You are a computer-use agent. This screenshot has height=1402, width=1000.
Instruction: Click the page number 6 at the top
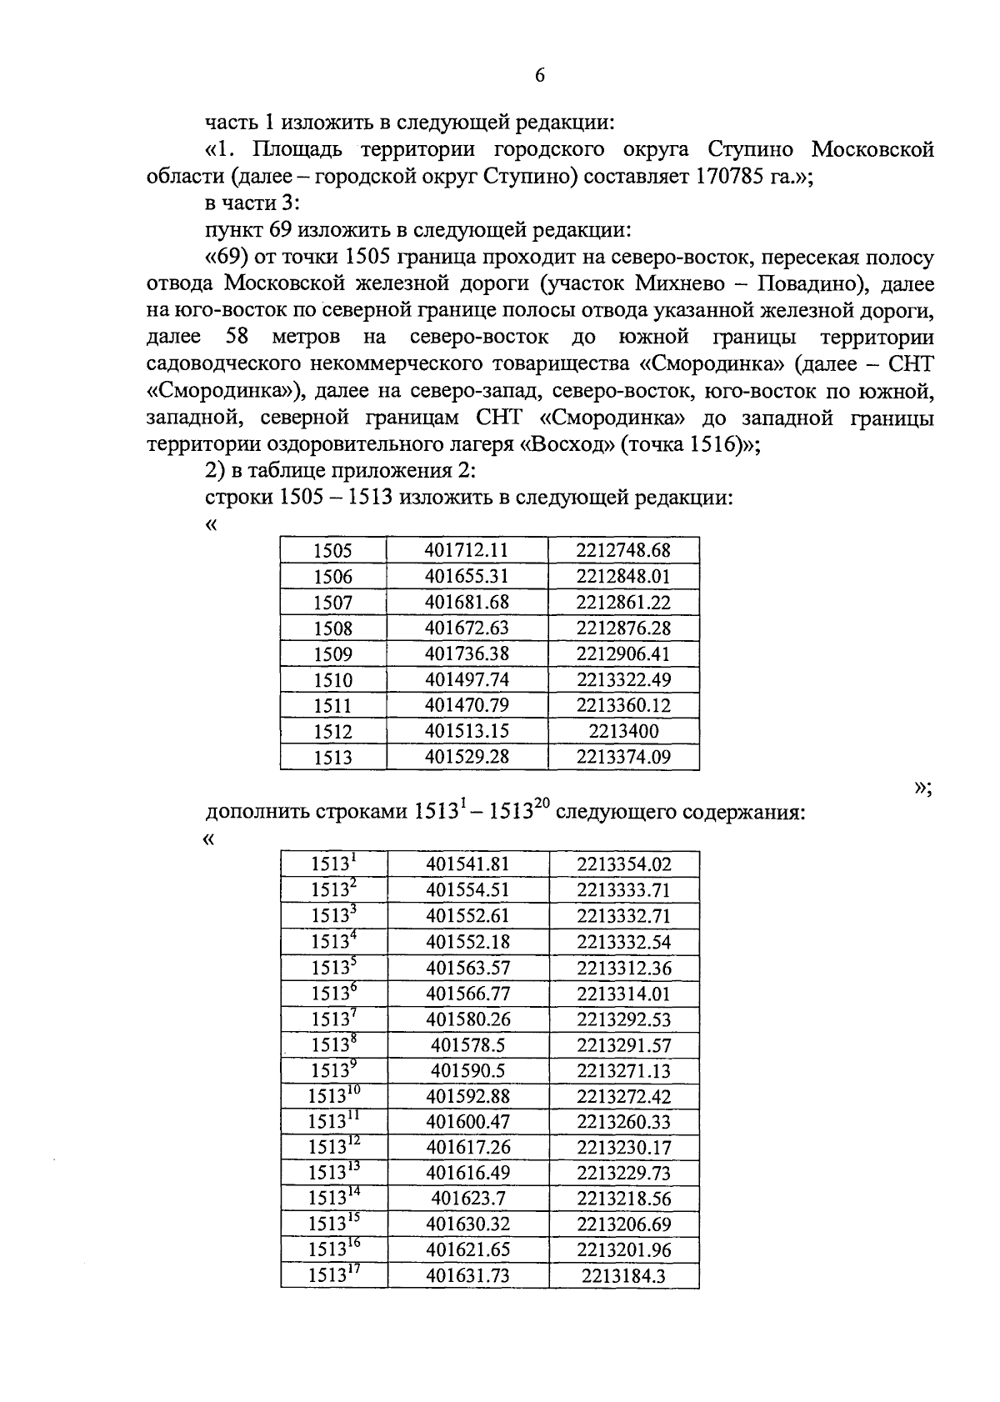click(539, 76)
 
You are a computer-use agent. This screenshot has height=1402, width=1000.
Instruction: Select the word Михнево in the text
click(677, 283)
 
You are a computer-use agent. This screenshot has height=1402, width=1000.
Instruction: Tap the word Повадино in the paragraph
click(805, 283)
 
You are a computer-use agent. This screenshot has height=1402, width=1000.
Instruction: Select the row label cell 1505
click(332, 550)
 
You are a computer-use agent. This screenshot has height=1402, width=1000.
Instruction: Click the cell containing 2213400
click(623, 731)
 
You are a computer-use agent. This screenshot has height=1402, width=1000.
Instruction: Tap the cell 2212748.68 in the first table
click(623, 550)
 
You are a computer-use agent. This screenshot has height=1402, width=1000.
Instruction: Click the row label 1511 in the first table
click(332, 705)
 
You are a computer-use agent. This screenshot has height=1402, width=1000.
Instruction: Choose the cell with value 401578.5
click(467, 1045)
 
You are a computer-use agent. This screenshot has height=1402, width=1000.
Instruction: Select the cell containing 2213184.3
click(623, 1276)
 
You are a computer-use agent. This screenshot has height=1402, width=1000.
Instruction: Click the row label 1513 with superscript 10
click(332, 1096)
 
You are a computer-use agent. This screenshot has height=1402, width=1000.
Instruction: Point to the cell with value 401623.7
click(467, 1199)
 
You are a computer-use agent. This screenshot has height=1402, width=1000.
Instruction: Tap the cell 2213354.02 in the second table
click(623, 864)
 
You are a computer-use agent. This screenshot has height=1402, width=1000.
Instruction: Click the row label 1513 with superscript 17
click(332, 1275)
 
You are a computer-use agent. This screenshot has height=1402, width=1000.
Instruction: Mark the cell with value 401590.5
click(467, 1071)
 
